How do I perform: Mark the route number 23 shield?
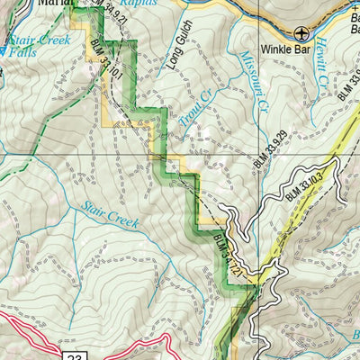tap(76, 355)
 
